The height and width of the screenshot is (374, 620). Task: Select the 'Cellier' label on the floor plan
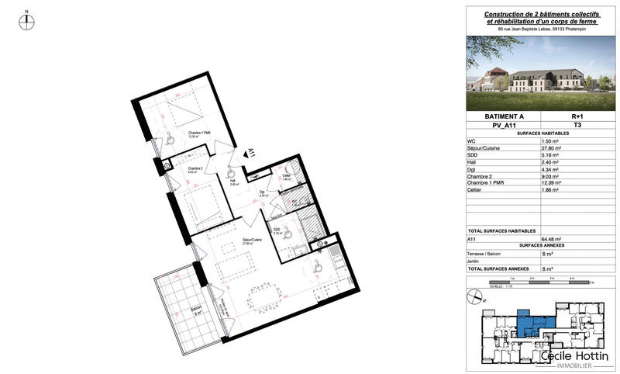tap(286, 175)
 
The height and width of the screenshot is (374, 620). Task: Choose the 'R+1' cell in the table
tap(577, 116)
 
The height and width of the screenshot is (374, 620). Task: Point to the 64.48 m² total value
tap(552, 240)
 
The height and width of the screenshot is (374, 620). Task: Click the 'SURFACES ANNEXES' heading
tap(541, 247)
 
